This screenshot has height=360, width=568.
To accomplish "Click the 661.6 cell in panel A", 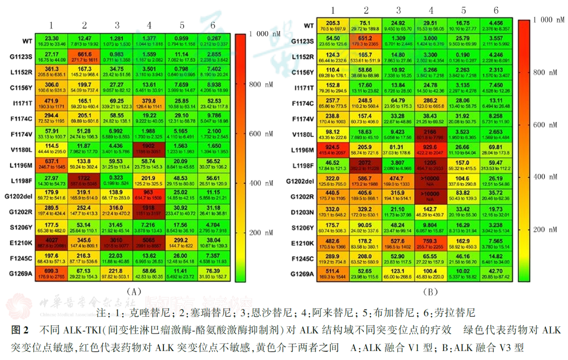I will (84, 56).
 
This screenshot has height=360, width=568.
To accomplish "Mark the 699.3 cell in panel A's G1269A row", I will (52, 274).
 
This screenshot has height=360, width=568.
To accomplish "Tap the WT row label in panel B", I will (309, 25).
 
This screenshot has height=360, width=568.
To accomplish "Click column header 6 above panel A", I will (213, 25).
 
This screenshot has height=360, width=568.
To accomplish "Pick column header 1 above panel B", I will (332, 11).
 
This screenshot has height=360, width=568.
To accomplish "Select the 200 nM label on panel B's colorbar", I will (543, 230).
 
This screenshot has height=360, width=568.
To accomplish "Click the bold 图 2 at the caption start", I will (19, 331).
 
